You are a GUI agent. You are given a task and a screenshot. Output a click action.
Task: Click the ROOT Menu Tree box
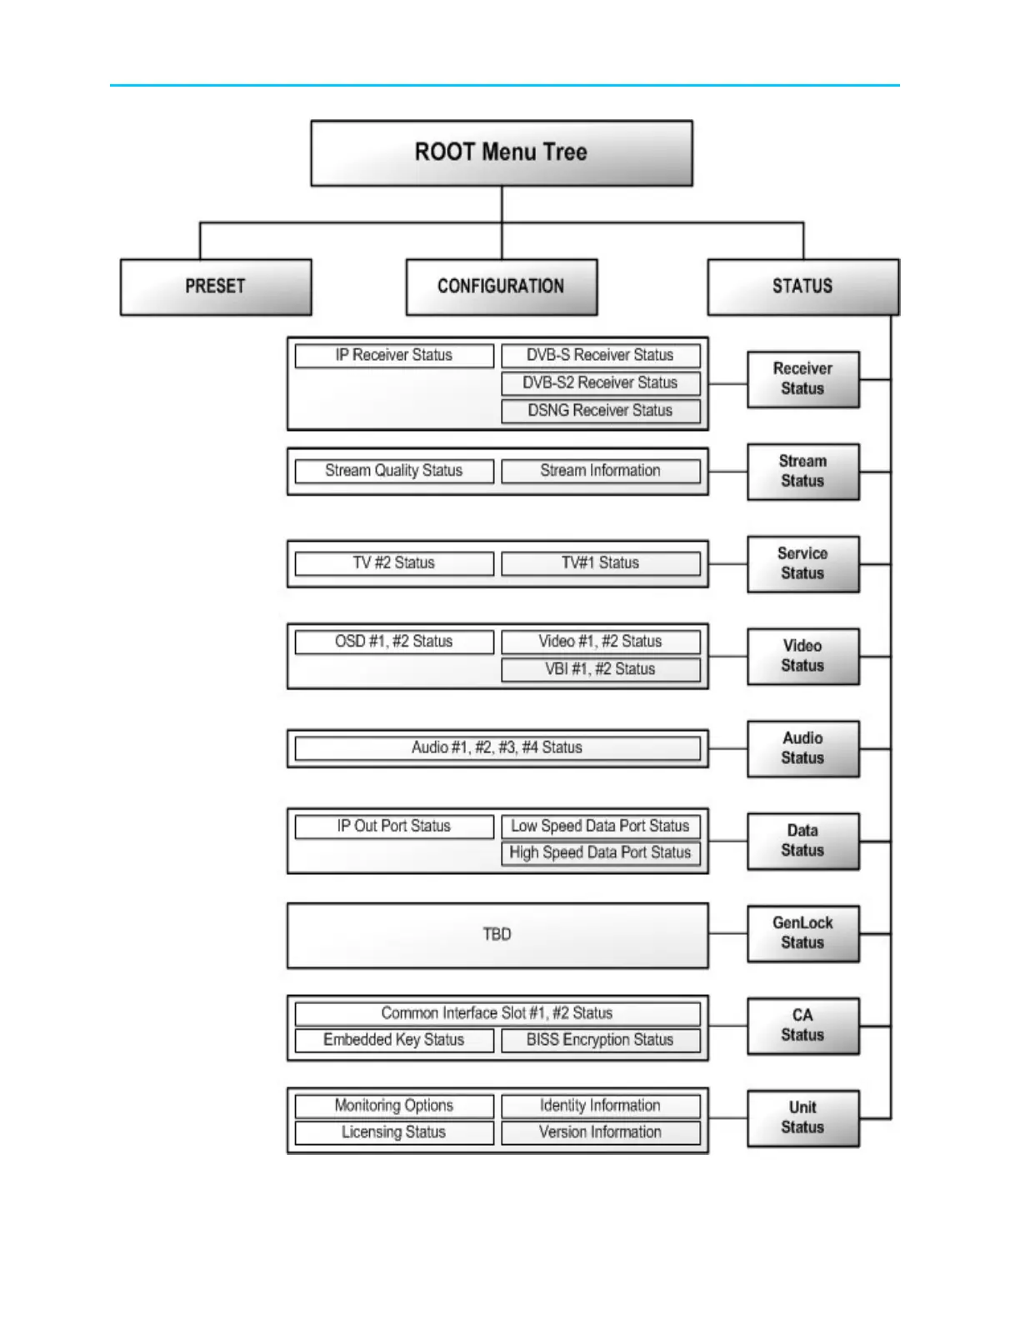pyautogui.click(x=501, y=152)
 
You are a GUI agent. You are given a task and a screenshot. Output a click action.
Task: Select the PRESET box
pyautogui.click(x=216, y=287)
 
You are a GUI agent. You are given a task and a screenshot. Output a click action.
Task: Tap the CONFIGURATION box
pyautogui.click(x=501, y=287)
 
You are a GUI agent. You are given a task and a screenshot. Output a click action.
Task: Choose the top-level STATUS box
pyautogui.click(x=802, y=287)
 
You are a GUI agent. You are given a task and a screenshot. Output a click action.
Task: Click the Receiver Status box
pyautogui.click(x=802, y=379)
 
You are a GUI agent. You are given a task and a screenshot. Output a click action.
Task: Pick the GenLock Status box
pyautogui.click(x=802, y=933)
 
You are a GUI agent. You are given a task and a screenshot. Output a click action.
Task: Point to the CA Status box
pyautogui.click(x=802, y=1026)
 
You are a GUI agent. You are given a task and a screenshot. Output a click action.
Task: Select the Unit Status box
pyautogui.click(x=802, y=1118)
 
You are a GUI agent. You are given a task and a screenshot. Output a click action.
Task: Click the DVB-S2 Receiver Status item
pyautogui.click(x=600, y=383)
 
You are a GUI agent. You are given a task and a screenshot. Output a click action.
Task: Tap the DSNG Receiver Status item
pyautogui.click(x=600, y=411)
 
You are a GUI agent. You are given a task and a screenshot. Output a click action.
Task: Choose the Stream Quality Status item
pyautogui.click(x=393, y=471)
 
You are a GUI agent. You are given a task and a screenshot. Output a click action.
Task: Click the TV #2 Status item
pyautogui.click(x=393, y=563)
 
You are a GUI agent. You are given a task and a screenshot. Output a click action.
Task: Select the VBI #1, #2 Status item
pyautogui.click(x=600, y=669)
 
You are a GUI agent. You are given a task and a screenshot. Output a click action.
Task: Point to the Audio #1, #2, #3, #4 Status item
pyautogui.click(x=497, y=747)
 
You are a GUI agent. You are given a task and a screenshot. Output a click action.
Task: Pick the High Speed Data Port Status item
pyautogui.click(x=600, y=852)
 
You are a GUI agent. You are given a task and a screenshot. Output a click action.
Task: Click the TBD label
pyautogui.click(x=497, y=934)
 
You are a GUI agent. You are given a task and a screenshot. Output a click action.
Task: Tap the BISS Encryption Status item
pyautogui.click(x=600, y=1040)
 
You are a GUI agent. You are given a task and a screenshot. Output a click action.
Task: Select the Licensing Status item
pyautogui.click(x=393, y=1132)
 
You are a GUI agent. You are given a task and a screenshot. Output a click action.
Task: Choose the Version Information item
pyautogui.click(x=600, y=1132)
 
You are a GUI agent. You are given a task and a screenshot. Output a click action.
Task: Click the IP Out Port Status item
pyautogui.click(x=393, y=826)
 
